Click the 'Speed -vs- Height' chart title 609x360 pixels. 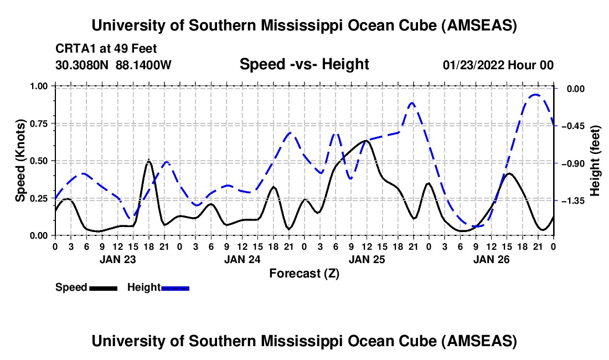[x=304, y=64]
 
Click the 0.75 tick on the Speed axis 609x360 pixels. [x=40, y=124]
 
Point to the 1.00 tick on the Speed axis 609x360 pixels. [x=40, y=86]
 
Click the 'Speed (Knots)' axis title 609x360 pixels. [x=20, y=161]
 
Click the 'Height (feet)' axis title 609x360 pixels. [x=595, y=161]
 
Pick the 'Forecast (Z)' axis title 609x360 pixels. [x=304, y=273]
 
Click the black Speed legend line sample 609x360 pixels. [x=103, y=287]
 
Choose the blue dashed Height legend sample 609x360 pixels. [x=176, y=287]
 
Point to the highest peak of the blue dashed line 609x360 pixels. [x=535, y=95]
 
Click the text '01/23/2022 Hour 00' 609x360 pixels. [x=498, y=65]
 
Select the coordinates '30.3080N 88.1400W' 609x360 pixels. [x=113, y=65]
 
